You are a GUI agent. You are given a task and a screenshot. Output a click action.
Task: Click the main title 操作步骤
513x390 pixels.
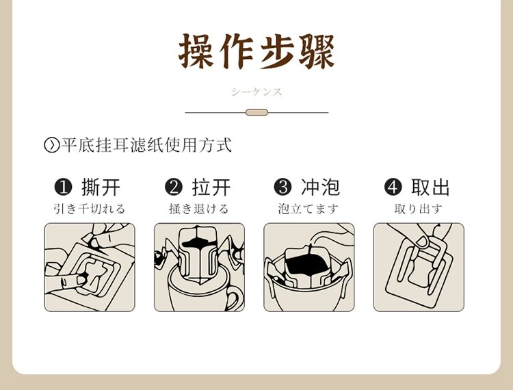[256, 51]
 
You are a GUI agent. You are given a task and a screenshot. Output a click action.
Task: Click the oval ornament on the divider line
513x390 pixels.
[256, 112]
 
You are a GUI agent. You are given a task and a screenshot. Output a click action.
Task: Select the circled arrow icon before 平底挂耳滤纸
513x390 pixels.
[51, 146]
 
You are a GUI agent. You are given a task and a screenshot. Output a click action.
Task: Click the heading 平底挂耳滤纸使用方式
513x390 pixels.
[146, 146]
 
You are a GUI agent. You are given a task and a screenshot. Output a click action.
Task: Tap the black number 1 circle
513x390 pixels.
[63, 187]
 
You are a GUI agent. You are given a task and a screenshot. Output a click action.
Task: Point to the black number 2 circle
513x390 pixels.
[174, 187]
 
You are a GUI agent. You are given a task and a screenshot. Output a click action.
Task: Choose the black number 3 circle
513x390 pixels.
[282, 187]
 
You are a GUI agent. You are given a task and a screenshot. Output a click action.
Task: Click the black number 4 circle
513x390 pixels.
[393, 187]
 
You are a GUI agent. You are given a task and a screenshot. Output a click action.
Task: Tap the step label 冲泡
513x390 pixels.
[320, 187]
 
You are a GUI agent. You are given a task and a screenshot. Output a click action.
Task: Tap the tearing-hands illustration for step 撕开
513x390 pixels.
[90, 268]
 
